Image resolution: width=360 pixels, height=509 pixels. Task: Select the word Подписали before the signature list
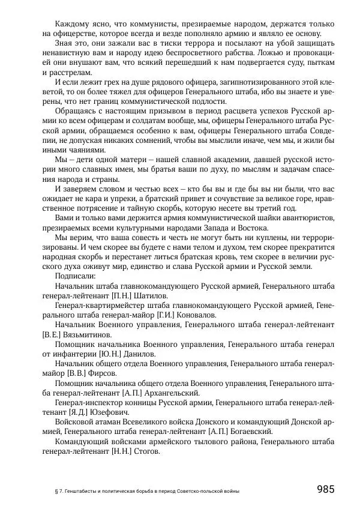pos(75,276)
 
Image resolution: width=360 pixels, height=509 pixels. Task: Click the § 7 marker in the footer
pos(58,490)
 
